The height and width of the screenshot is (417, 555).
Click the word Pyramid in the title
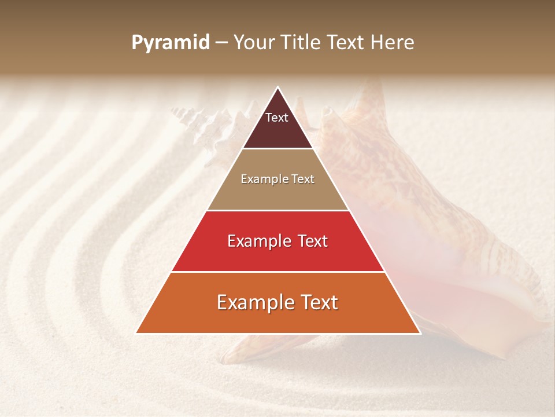coord(170,43)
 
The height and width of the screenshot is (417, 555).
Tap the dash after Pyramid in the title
coord(221,43)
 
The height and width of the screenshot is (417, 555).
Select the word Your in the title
coord(255,43)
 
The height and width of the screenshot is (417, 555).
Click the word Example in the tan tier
coord(264,180)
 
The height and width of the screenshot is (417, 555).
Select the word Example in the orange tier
coord(255,302)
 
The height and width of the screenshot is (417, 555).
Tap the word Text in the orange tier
coord(317,302)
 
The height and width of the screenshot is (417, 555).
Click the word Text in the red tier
coord(311,241)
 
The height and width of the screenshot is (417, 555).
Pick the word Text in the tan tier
coord(302,180)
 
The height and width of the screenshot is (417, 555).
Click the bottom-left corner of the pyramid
coord(136,333)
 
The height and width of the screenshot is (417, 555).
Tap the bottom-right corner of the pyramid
coord(420,333)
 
